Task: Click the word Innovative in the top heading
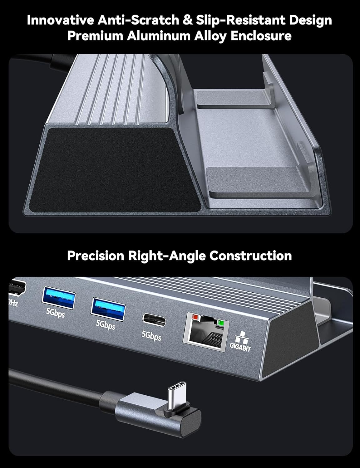click(60, 20)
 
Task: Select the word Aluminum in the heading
click(159, 36)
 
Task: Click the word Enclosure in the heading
click(261, 36)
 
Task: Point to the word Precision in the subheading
click(96, 256)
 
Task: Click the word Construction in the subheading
click(250, 256)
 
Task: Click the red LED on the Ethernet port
click(195, 317)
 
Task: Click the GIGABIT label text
click(240, 347)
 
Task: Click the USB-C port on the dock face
click(154, 320)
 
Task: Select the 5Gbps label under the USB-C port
click(151, 335)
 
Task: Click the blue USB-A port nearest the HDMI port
click(58, 297)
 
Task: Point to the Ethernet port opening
click(206, 331)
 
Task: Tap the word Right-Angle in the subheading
click(167, 256)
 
